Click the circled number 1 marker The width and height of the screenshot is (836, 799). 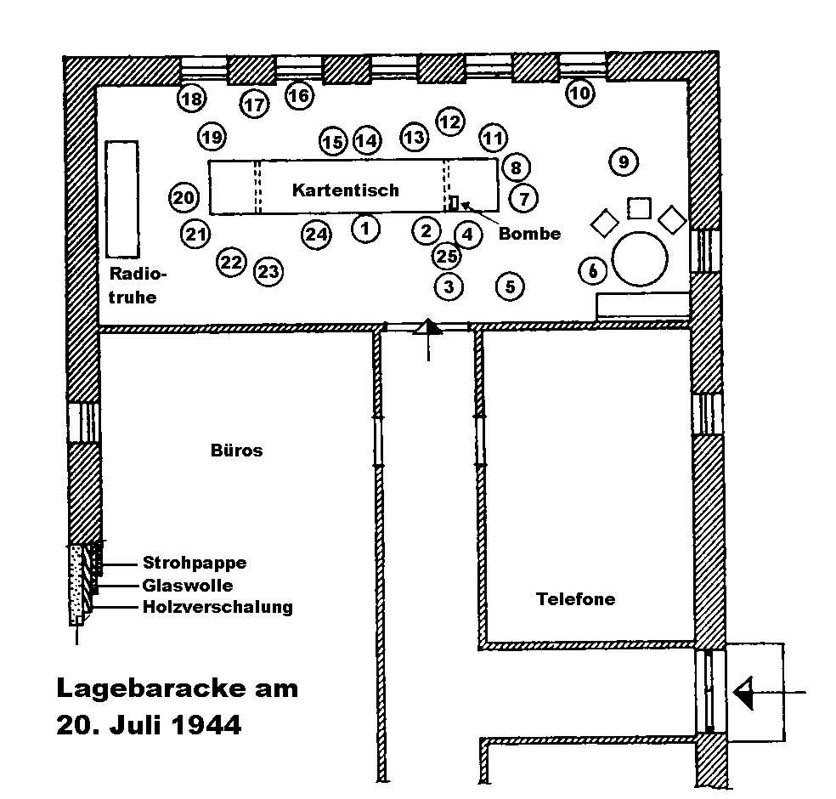point(365,228)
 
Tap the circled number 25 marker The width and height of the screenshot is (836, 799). point(447,256)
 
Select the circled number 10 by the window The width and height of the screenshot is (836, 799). point(579,93)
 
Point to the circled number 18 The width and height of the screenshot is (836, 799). point(192,99)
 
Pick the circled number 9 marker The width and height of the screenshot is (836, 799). point(624,161)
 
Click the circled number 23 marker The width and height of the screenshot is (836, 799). point(268,272)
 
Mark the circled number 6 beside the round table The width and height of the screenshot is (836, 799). point(593,271)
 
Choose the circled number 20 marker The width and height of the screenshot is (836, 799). point(184,198)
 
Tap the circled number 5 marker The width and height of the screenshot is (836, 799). point(510,286)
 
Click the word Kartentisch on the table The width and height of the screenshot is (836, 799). point(345,190)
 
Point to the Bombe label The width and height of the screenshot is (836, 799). point(529,234)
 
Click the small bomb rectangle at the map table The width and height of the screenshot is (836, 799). point(454,202)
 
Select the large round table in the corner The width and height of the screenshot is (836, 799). point(641,258)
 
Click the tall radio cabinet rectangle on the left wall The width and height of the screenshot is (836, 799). point(121,199)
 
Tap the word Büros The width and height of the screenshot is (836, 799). point(236,450)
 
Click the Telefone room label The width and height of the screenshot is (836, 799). point(576,599)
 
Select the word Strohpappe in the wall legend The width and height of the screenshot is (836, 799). point(195,563)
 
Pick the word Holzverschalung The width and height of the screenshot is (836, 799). point(217,607)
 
